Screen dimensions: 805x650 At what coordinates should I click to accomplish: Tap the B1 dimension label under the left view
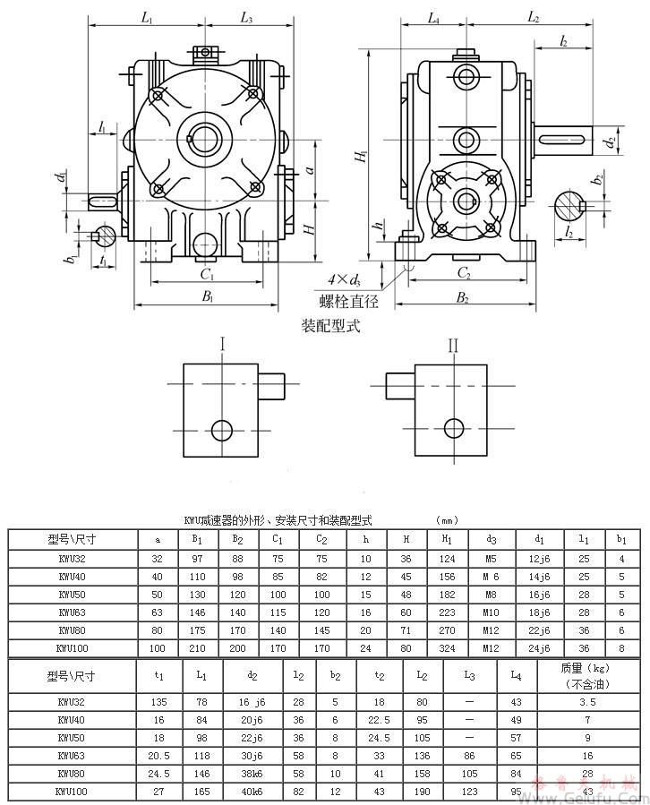[207, 295]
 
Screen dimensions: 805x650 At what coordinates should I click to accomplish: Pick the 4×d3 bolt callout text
[346, 281]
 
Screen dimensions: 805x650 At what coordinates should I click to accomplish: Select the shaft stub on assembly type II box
[399, 387]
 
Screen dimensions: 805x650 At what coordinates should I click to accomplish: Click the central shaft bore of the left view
[208, 140]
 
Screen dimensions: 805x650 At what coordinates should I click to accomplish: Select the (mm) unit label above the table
[447, 520]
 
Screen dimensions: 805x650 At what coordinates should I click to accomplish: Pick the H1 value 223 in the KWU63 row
[446, 612]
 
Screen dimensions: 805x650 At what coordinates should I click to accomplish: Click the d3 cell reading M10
[491, 612]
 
